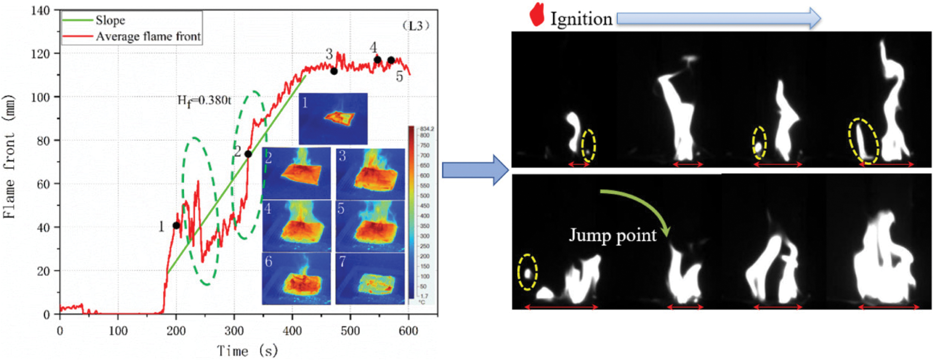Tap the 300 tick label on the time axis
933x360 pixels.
[234, 331]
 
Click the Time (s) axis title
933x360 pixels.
[247, 350]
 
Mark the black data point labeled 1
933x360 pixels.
[176, 226]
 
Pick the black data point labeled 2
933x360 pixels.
[248, 154]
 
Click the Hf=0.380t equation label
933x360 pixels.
[204, 101]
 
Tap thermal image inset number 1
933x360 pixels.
[333, 119]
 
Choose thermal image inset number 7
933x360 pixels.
[370, 279]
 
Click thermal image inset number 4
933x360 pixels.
[297, 226]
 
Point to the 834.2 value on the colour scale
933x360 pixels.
[427, 129]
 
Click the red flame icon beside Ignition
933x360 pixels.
[537, 15]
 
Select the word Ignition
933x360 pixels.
[581, 19]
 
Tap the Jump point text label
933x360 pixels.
[612, 235]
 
